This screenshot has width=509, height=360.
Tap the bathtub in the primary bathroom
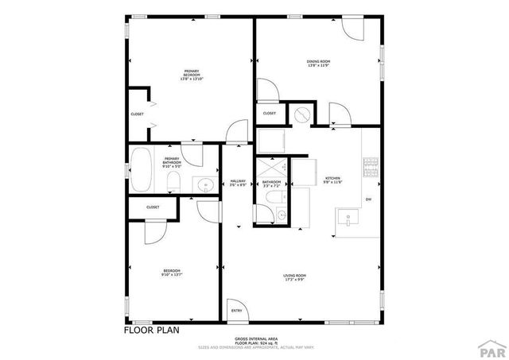[x=143, y=170]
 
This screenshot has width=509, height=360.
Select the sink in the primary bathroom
[x=204, y=187]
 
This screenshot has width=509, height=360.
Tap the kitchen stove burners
[x=370, y=167]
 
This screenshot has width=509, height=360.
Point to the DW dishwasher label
[x=368, y=199]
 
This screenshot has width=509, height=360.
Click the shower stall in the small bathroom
[x=271, y=169]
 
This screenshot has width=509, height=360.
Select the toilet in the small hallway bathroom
[x=272, y=199]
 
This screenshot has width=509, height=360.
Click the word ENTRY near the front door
[x=236, y=310]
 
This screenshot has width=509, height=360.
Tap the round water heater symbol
[x=301, y=114]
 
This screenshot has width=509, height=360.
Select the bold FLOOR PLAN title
[x=152, y=330]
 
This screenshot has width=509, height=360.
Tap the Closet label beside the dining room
[x=270, y=113]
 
